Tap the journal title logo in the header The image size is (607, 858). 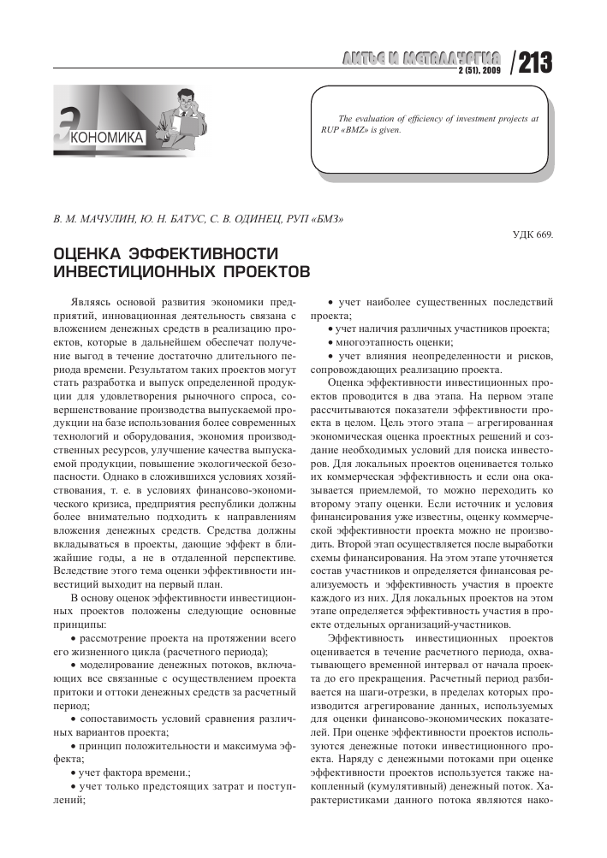coord(419,59)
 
